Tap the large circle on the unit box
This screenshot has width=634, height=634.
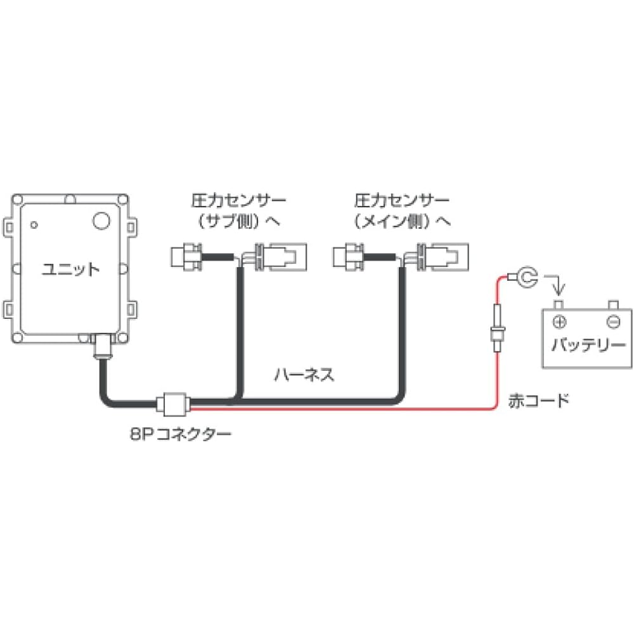coord(101,220)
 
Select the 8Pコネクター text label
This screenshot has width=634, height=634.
coord(179,434)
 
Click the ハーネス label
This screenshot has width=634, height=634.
coord(304,375)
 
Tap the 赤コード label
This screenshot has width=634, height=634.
coord(538,401)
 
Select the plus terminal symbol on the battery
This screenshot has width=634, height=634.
coord(559,321)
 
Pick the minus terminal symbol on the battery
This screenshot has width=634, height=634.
coord(612,321)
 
